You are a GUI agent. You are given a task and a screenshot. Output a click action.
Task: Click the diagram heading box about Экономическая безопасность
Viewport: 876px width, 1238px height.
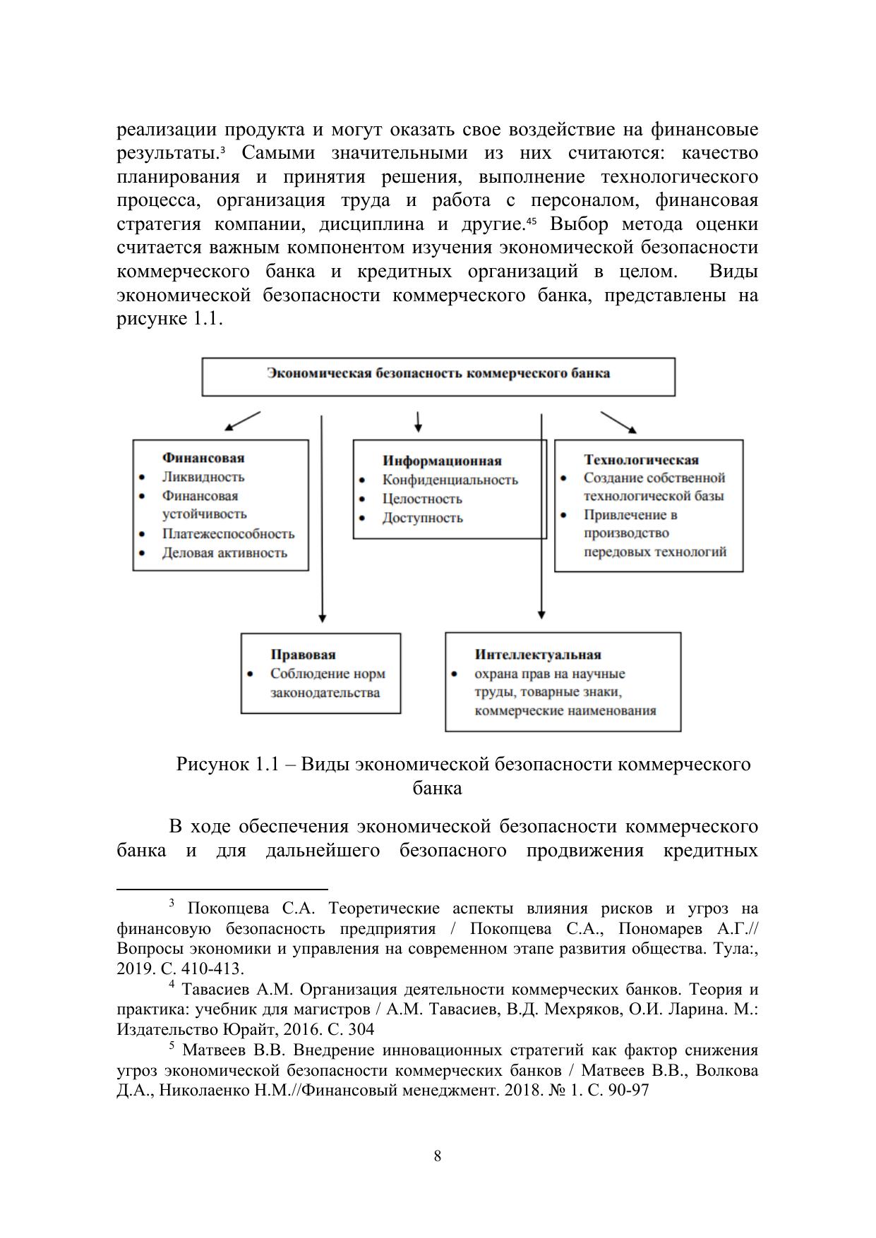[438, 375]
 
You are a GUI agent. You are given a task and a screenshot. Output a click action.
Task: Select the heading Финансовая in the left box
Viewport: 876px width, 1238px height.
[203, 458]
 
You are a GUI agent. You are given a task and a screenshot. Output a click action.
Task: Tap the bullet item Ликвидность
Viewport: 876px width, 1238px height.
[203, 477]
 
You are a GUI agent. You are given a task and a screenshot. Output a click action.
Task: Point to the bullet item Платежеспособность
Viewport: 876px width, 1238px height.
[228, 534]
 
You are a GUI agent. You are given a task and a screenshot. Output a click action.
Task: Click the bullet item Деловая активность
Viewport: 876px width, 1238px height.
[224, 553]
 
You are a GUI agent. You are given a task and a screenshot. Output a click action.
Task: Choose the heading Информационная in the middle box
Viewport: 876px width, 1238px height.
[442, 461]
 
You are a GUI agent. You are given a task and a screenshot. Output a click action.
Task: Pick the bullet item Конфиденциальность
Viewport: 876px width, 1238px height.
[450, 480]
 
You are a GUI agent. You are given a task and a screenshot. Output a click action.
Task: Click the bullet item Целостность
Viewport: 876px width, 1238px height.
[422, 499]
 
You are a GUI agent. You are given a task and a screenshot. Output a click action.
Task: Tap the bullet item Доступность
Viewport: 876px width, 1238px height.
[422, 518]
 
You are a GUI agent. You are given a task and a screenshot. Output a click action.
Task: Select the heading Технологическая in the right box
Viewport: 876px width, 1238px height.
[641, 460]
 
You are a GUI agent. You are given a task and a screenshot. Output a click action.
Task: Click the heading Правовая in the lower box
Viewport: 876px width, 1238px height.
[303, 655]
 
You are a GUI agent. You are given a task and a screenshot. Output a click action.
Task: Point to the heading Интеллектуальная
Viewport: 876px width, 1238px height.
[538, 655]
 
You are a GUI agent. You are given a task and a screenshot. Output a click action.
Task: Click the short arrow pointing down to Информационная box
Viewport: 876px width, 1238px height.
[419, 422]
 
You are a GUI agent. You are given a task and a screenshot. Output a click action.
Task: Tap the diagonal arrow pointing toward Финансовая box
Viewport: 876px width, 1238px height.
[242, 421]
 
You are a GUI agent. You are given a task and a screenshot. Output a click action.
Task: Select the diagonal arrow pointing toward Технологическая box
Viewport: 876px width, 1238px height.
[618, 421]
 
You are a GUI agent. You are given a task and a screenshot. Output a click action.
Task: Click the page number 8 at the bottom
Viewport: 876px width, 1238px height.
[438, 1156]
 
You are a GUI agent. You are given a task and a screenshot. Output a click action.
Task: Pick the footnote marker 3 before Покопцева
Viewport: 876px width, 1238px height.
[171, 903]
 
